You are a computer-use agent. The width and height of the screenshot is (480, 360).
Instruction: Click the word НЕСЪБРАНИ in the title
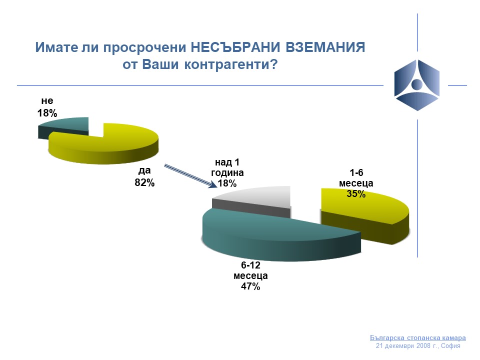[235, 47]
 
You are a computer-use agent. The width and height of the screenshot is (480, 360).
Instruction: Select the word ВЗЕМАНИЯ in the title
[325, 47]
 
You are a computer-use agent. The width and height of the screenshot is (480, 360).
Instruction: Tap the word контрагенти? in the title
[231, 64]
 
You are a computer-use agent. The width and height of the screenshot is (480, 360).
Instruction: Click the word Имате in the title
[56, 47]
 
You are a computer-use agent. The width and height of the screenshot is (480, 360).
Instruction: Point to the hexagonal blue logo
[417, 85]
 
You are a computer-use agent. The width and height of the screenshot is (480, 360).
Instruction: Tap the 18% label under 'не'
[47, 113]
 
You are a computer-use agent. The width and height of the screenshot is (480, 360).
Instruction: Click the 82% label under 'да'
[144, 183]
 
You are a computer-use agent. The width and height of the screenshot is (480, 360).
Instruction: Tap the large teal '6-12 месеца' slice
[275, 235]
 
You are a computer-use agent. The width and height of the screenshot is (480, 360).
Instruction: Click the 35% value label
[356, 194]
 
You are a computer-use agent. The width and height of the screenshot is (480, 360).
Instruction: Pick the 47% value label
[250, 286]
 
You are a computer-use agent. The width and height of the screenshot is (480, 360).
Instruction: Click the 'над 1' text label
[227, 162]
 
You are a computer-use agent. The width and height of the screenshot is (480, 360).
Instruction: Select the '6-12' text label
[250, 265]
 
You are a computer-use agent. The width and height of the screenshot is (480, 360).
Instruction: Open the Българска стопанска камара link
[418, 337]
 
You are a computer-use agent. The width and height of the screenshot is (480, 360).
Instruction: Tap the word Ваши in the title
[160, 64]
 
